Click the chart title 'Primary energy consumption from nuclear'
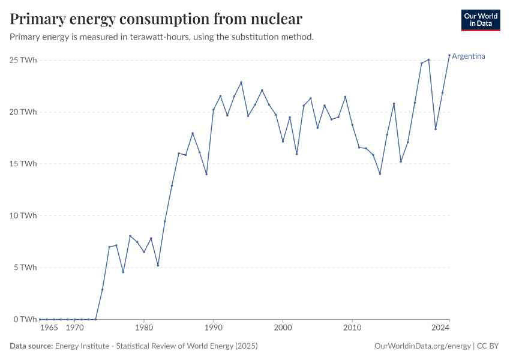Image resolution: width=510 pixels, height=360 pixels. [156, 19]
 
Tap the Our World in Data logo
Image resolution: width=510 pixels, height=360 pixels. [481, 20]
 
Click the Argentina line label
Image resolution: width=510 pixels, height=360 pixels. [469, 56]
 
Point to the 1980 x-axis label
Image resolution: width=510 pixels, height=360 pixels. [144, 328]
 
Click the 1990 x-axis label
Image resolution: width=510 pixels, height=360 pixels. [213, 328]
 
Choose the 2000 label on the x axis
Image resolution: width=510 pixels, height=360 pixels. [283, 328]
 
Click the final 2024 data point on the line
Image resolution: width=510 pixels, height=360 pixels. [449, 55]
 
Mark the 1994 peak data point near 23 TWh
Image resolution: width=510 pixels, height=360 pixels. [241, 82]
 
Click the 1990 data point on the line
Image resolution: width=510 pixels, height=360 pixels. [214, 109]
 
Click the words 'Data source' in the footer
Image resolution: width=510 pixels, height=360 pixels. [31, 346]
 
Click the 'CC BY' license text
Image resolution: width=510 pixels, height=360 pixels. [488, 346]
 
